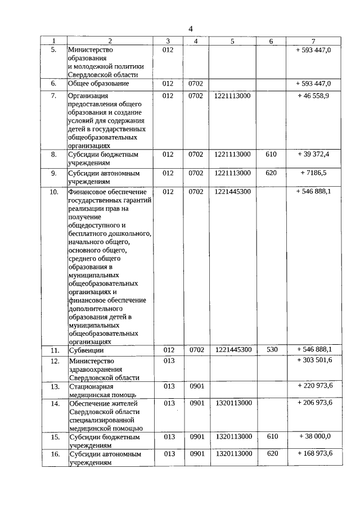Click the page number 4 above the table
tap(190, 29)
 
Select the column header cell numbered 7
tap(313, 41)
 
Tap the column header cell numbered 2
tap(110, 41)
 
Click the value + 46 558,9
tap(313, 96)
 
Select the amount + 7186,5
tap(313, 173)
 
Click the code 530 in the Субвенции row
tap(272, 350)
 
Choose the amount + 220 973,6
tap(313, 386)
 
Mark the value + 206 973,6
tap(313, 403)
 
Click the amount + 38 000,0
tap(313, 436)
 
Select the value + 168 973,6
tap(313, 454)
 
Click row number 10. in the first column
tap(54, 192)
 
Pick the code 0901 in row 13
tap(196, 386)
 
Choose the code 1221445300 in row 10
tap(232, 192)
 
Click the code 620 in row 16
tap(272, 454)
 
